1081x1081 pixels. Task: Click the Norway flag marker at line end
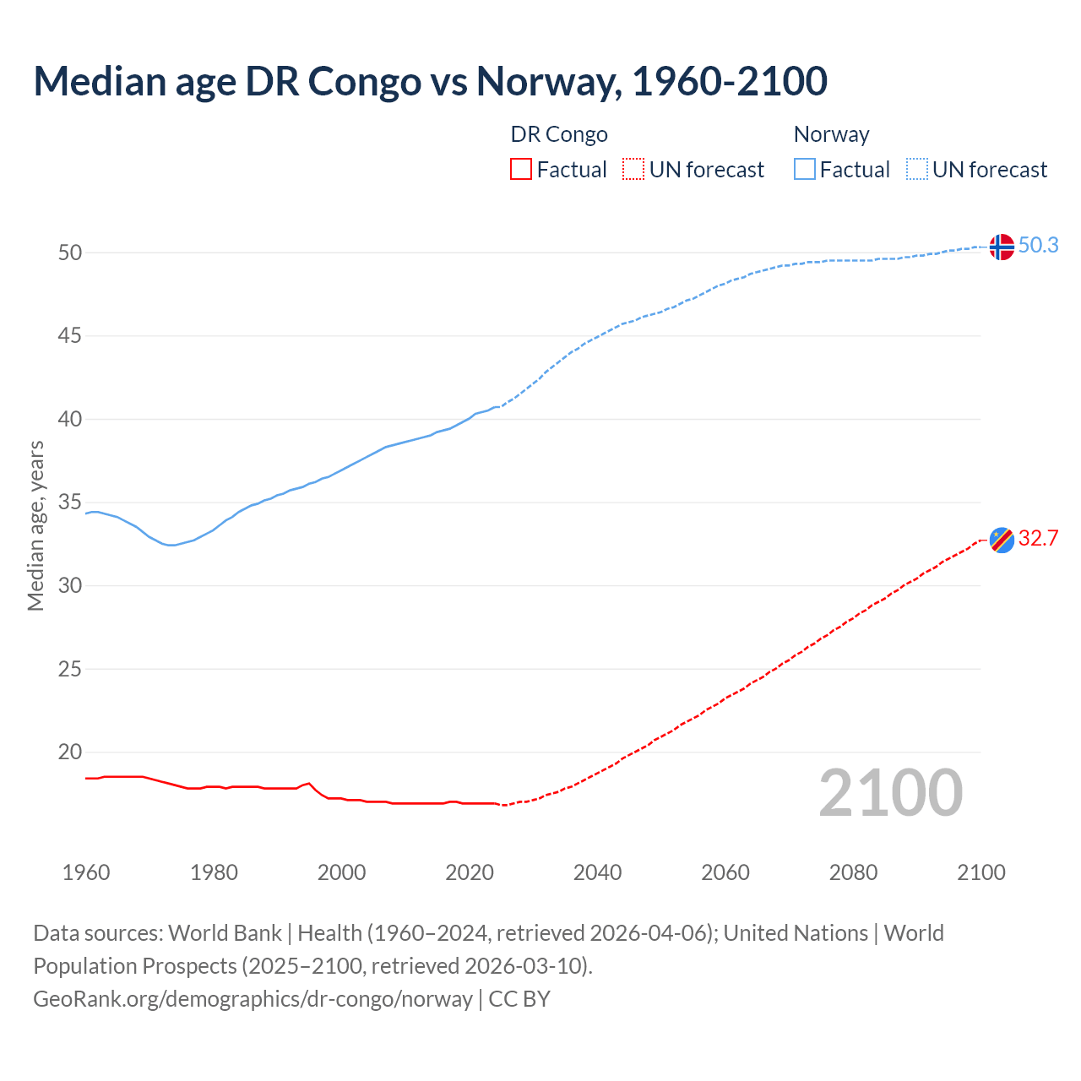click(x=1002, y=247)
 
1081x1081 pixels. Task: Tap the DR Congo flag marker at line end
click(x=1002, y=540)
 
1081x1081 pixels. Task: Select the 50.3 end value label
click(x=1038, y=246)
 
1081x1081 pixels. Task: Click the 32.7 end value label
click(x=1038, y=539)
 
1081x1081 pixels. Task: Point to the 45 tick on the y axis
click(x=70, y=336)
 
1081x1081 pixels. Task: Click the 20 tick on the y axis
click(x=70, y=752)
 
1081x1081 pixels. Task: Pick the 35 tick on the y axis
click(x=70, y=502)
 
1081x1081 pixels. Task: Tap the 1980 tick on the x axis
click(x=214, y=872)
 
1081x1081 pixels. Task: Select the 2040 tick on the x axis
click(x=597, y=872)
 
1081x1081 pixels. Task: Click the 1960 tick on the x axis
click(x=86, y=872)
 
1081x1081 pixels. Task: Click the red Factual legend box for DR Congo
click(x=521, y=170)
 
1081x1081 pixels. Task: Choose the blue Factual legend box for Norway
click(x=805, y=170)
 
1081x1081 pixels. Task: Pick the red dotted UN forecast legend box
click(x=633, y=170)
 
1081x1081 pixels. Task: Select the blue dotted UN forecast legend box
click(x=917, y=170)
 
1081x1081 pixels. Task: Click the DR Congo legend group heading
click(x=559, y=134)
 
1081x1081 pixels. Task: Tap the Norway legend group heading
click(x=831, y=134)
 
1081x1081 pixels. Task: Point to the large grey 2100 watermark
click(x=890, y=793)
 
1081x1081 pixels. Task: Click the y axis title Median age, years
click(x=35, y=525)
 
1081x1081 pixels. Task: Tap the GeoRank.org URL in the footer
click(x=253, y=999)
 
